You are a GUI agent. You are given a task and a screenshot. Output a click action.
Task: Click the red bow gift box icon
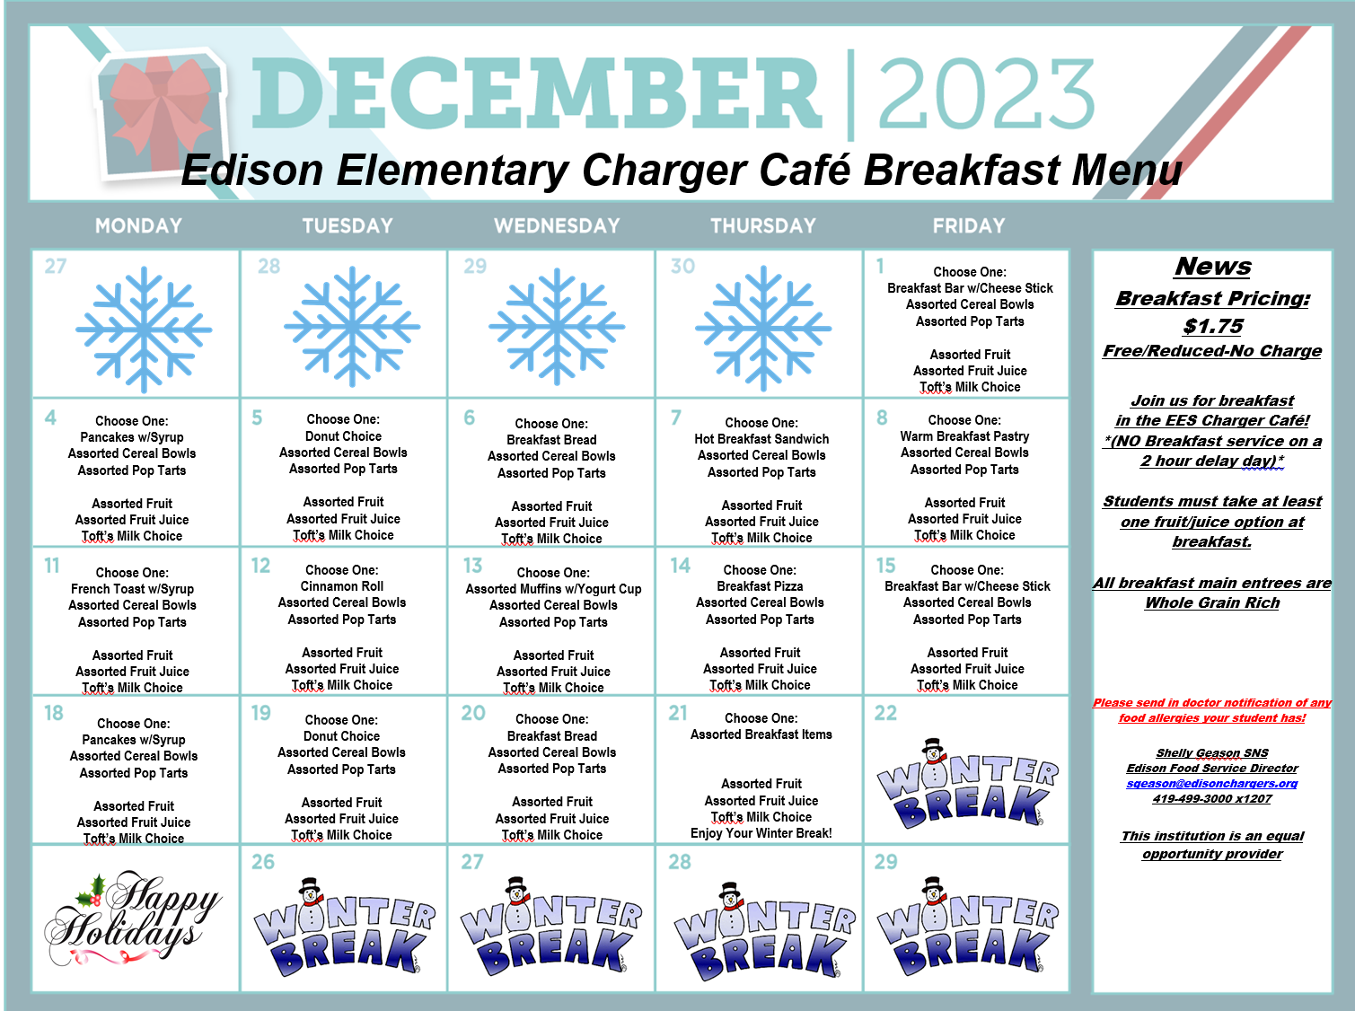tap(159, 115)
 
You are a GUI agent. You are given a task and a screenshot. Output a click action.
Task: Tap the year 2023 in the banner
tap(985, 92)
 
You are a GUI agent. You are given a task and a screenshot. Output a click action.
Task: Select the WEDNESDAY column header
tap(557, 226)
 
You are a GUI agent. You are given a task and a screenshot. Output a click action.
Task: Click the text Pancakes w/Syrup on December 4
tap(132, 437)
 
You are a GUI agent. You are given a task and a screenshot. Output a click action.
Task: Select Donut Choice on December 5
tap(343, 435)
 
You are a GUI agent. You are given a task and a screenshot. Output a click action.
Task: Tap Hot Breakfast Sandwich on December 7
tap(761, 439)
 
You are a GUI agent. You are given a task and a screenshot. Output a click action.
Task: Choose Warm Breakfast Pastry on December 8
tap(964, 436)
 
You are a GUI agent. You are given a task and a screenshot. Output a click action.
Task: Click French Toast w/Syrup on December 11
tap(132, 589)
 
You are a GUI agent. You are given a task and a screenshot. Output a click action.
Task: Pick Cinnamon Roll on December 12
tap(342, 586)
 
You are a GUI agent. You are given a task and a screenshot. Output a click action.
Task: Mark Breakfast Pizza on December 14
tap(760, 586)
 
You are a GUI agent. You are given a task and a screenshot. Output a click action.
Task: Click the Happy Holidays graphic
tap(133, 918)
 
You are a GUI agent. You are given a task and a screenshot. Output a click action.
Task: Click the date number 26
tap(263, 862)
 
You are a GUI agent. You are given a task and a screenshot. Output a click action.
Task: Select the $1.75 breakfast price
tap(1212, 326)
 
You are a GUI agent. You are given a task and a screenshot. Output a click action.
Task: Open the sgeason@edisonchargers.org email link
tap(1212, 784)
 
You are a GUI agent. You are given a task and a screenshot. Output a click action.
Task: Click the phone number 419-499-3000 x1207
tap(1212, 799)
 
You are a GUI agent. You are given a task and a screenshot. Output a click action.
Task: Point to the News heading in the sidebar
tap(1212, 267)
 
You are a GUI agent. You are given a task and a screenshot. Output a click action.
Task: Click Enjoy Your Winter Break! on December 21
tap(761, 833)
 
